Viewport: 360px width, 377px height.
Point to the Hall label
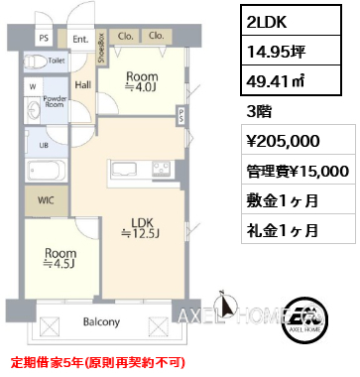(x=83, y=85)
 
